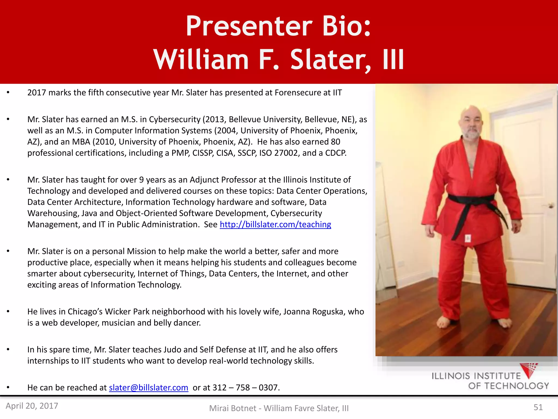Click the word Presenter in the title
pos(249,26)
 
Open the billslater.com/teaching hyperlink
pos(275,224)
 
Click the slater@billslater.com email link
pos(148,387)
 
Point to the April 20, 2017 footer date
pos(32,406)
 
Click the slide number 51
pos(538,407)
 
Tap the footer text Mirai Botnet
pos(232,408)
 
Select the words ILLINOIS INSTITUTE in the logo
pos(476,376)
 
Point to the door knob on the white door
pos(551,206)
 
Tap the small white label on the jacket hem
pos(468,238)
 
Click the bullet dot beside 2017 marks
pos(8,93)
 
